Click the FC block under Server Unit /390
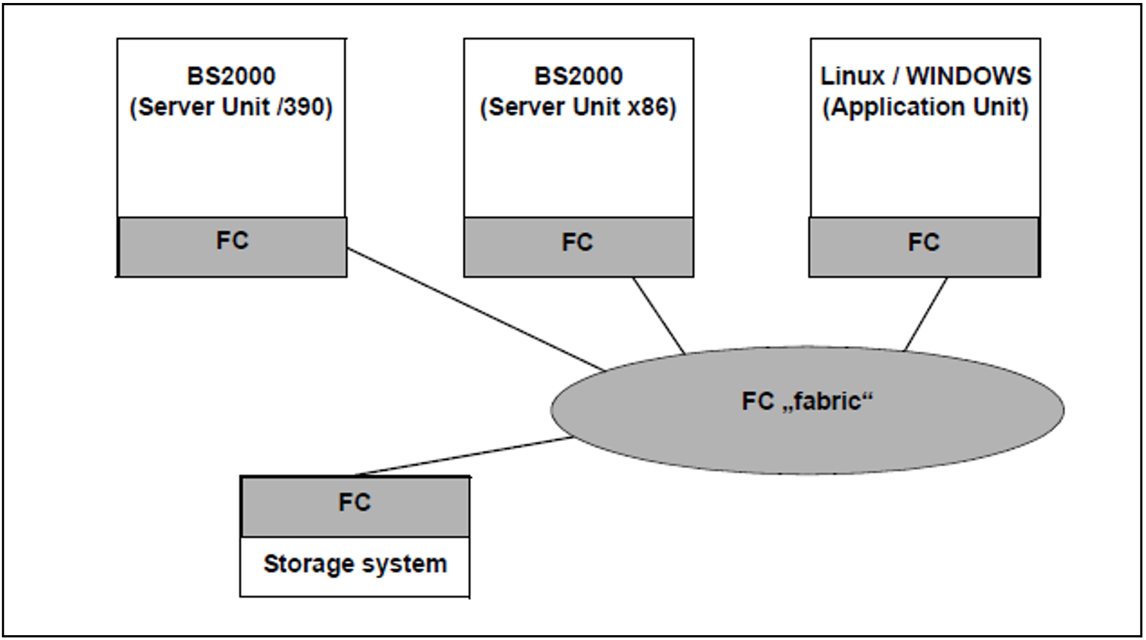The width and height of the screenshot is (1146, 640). [232, 247]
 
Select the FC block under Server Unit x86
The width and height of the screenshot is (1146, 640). [578, 247]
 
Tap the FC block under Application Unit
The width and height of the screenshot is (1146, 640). [923, 247]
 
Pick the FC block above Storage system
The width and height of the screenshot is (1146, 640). [355, 506]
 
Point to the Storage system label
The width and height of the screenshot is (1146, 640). [355, 564]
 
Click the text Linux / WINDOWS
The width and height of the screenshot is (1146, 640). [925, 76]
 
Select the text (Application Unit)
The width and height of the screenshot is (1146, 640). [925, 107]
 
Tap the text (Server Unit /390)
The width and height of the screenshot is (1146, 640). [231, 107]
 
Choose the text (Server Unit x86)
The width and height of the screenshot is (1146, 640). [578, 107]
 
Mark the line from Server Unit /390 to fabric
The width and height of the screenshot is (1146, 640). [475, 309]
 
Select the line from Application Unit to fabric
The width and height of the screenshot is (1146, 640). [926, 314]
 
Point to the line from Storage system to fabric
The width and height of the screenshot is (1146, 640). [463, 456]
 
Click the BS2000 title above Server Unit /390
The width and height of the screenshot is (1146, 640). [231, 76]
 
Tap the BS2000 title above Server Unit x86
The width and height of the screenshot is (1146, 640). [578, 76]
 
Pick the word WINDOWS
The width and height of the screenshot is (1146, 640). [968, 76]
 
